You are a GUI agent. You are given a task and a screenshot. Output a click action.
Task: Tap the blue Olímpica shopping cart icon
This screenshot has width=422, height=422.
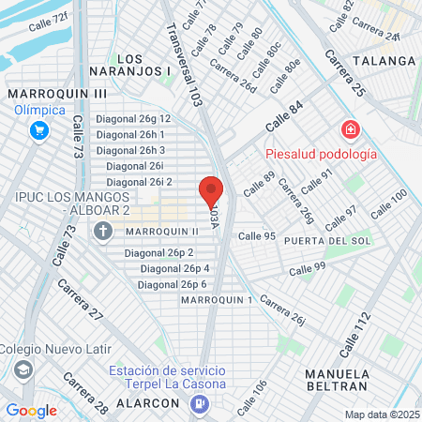coord(38,130)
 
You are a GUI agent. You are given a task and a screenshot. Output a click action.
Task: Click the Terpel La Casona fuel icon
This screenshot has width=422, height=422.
coord(199,403)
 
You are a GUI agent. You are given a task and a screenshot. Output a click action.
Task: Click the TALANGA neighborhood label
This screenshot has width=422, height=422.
coord(384,60)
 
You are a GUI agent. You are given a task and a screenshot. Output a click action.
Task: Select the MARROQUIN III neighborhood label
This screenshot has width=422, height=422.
coord(57,94)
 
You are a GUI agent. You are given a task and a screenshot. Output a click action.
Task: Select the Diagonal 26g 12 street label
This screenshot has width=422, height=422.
coord(133,119)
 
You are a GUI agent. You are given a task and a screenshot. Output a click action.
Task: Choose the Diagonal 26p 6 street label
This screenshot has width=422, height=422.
coord(173,284)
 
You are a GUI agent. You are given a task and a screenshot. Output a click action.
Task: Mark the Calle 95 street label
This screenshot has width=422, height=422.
coord(256,236)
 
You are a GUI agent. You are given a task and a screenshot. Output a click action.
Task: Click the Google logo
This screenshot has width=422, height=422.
coord(32,410)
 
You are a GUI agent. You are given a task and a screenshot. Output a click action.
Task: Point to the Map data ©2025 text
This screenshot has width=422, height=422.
coord(381,414)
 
